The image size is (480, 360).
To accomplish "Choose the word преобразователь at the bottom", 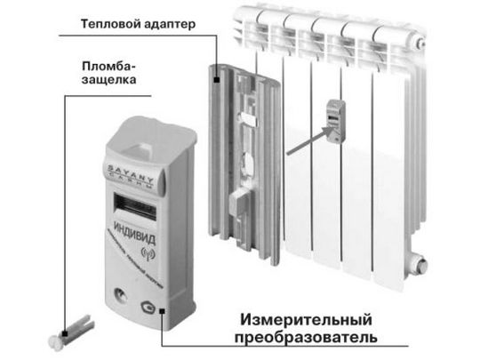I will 307,339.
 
